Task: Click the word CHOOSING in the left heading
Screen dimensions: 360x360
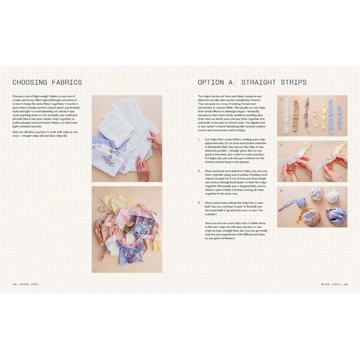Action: click(x=30, y=83)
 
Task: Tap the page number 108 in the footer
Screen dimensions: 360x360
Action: click(x=14, y=284)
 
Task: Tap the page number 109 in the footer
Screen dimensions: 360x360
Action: click(x=346, y=284)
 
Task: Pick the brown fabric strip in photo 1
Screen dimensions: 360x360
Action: click(x=295, y=116)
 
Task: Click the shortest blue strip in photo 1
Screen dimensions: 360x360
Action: click(x=339, y=117)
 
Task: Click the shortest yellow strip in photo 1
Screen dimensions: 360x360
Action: click(x=315, y=119)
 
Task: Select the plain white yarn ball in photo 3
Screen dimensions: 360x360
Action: click(x=333, y=195)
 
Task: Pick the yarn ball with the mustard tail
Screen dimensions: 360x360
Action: click(x=311, y=217)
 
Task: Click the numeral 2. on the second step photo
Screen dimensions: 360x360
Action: click(x=282, y=145)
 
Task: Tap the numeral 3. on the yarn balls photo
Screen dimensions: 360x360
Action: click(x=282, y=191)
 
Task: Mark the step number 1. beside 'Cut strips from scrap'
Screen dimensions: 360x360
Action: click(x=199, y=140)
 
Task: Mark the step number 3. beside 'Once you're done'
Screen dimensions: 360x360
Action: click(x=199, y=203)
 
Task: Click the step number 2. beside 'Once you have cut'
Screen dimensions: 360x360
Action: click(x=199, y=171)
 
